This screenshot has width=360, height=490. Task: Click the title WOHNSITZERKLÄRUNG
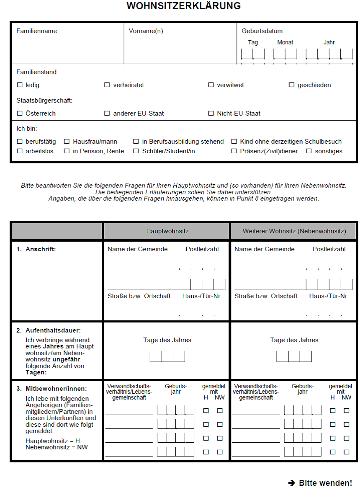[x=183, y=6]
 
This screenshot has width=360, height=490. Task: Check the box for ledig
[x=20, y=85]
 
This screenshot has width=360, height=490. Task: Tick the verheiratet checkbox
[x=107, y=85]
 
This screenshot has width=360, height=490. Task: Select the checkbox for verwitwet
[x=211, y=85]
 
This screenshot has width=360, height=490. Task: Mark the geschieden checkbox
[x=292, y=85]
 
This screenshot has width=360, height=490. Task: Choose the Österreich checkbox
[x=20, y=113]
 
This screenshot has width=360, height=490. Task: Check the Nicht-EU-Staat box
[x=211, y=113]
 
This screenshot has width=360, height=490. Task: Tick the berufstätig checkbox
[x=20, y=142]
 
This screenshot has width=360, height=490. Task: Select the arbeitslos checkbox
[x=20, y=151]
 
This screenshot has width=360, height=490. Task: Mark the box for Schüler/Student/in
[x=136, y=151]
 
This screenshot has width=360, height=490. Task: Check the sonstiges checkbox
[x=309, y=151]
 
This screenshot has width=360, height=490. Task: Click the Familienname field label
[x=36, y=31]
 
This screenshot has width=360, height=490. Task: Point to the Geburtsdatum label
[x=262, y=31]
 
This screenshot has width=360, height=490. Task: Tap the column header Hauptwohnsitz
[x=167, y=231]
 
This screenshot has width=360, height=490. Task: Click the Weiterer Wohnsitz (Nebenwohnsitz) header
[x=294, y=231]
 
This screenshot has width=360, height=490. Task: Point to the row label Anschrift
[x=41, y=249]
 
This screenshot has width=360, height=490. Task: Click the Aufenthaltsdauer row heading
[x=53, y=330]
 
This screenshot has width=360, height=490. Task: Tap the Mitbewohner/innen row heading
[x=56, y=389]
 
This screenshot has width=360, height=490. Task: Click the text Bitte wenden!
[x=325, y=483]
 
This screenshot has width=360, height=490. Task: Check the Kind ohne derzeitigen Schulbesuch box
[x=234, y=142]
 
